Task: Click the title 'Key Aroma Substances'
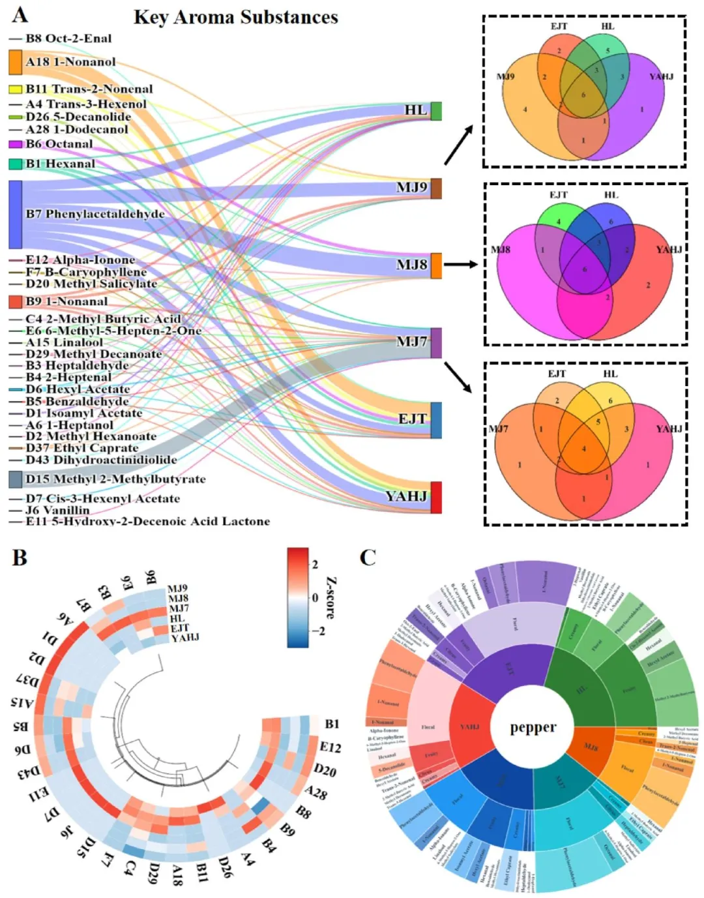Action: (x=235, y=17)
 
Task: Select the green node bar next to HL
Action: (x=436, y=111)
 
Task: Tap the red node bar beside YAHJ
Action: (x=436, y=498)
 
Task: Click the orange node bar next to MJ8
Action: (x=436, y=265)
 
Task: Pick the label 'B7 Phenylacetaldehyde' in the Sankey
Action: (x=95, y=214)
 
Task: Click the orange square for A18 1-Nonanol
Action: (x=16, y=62)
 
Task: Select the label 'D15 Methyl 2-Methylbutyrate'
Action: (x=115, y=479)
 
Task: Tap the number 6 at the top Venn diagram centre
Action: (x=583, y=95)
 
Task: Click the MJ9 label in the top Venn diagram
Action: (x=505, y=76)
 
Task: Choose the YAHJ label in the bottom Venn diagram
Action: (x=669, y=428)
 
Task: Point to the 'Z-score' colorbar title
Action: (x=331, y=597)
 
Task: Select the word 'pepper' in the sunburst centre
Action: (x=533, y=727)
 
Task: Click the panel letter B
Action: (x=20, y=558)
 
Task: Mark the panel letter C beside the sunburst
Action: (x=368, y=558)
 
